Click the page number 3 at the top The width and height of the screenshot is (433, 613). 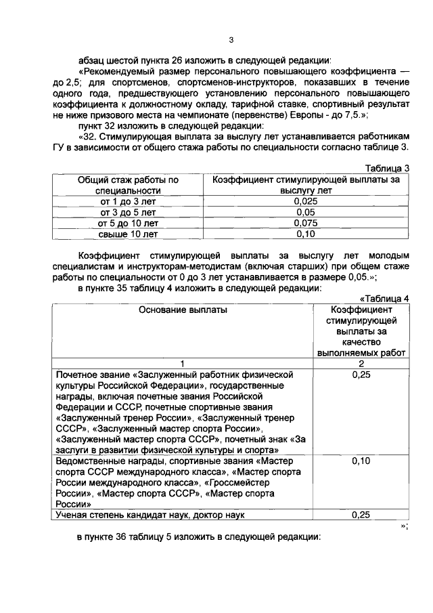tap(231, 28)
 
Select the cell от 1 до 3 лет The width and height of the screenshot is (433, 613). tap(128, 201)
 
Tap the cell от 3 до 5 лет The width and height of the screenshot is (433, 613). tap(128, 212)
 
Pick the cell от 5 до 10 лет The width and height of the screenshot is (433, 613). tap(128, 223)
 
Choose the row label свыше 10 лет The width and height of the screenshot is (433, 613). tap(128, 234)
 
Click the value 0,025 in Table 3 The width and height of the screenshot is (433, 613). tap(306, 201)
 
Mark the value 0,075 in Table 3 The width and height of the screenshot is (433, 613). tap(306, 223)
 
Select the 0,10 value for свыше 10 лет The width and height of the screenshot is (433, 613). tap(306, 234)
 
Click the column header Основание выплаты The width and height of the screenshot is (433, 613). tap(183, 310)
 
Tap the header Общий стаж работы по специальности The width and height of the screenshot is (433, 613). tap(128, 185)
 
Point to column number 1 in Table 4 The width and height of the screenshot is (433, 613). tap(183, 364)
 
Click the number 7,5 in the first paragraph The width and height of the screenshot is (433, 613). tap(352, 116)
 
